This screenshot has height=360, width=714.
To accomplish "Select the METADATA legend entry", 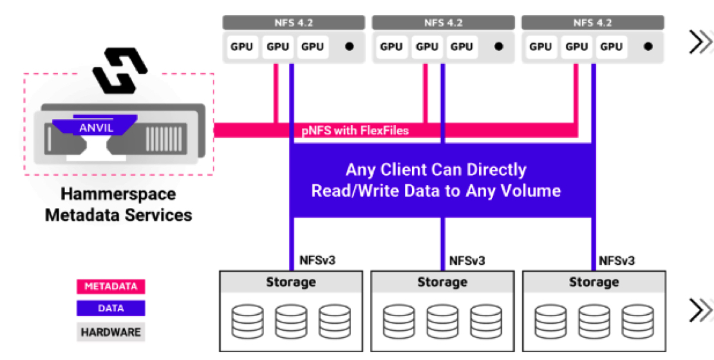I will click(111, 287).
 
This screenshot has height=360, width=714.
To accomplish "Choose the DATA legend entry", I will click(111, 308).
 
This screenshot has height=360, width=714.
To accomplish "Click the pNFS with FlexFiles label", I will click(355, 131).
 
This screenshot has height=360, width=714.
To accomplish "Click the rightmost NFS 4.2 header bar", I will click(592, 23).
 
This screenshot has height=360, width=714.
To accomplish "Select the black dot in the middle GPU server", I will click(498, 46).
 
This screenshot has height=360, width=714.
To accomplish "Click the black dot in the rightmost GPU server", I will click(648, 46).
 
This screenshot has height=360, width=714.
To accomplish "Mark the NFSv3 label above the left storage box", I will click(317, 260).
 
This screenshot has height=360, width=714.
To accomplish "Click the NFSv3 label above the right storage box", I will click(616, 260).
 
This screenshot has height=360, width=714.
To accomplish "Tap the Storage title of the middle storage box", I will click(442, 282).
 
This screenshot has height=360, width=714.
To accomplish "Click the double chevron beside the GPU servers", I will click(700, 43).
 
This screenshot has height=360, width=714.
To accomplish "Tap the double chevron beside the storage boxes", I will click(700, 310).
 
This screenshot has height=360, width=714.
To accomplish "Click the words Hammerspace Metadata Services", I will click(118, 204).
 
